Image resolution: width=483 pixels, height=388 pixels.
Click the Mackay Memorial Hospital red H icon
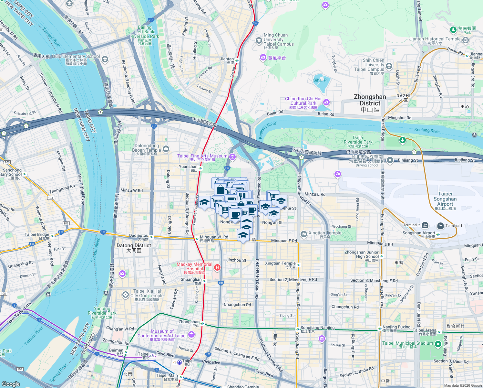(217, 267)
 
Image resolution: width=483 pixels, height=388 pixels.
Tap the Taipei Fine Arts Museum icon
(232, 157)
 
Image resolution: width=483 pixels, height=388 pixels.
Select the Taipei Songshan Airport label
(445, 199)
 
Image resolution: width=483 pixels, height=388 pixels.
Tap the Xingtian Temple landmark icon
(303, 234)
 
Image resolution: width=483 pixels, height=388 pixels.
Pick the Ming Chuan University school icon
(259, 40)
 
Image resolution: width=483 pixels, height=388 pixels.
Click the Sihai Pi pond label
(320, 80)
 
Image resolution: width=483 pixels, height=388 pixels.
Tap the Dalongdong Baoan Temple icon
(166, 149)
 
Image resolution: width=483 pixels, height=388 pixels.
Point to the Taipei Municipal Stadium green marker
(438, 344)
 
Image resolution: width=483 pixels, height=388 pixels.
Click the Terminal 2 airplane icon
(425, 225)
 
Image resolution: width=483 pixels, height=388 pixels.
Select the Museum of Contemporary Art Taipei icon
(191, 334)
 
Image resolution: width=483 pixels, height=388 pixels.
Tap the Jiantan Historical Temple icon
(465, 40)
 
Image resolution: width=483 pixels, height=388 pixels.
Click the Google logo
(11, 384)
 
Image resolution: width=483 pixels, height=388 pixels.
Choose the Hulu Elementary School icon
(105, 59)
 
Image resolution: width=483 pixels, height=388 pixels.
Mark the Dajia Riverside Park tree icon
(402, 140)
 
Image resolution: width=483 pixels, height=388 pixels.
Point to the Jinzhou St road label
(236, 260)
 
